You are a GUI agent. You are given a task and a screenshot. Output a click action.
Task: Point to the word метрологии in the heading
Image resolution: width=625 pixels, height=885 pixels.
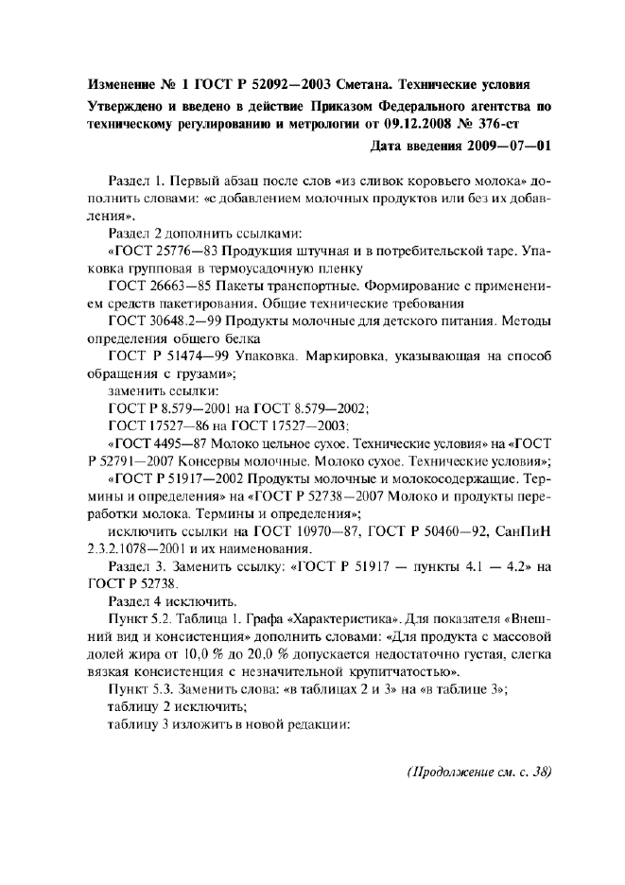point(337,124)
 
